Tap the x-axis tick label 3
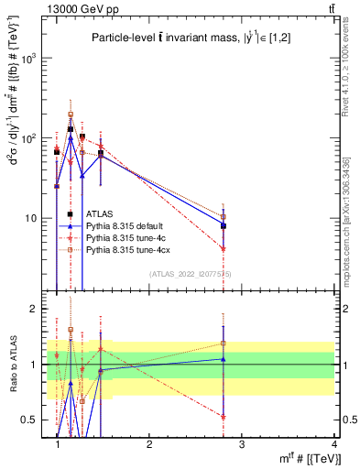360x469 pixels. pyautogui.click(x=241, y=443)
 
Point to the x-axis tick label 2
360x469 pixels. pyautogui.click(x=149, y=443)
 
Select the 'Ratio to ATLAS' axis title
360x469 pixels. pyautogui.click(x=12, y=364)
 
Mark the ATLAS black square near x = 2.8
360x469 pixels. pyautogui.click(x=223, y=225)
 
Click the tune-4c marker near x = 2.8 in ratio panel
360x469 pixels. pyautogui.click(x=223, y=416)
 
